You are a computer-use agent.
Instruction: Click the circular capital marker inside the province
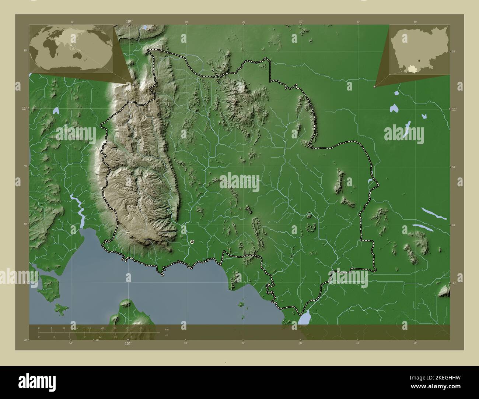(x=192, y=241)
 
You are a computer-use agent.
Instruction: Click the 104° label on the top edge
(x=129, y=21)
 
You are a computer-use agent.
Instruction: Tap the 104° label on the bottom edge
(x=128, y=343)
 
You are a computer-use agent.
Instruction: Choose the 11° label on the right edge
(x=454, y=109)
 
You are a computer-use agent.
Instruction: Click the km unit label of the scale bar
(x=167, y=328)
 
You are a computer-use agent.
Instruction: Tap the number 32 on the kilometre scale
(x=140, y=328)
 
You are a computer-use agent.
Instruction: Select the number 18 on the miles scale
(x=131, y=336)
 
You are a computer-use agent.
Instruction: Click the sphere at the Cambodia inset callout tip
(x=375, y=86)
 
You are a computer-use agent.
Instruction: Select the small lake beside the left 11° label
(x=56, y=110)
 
